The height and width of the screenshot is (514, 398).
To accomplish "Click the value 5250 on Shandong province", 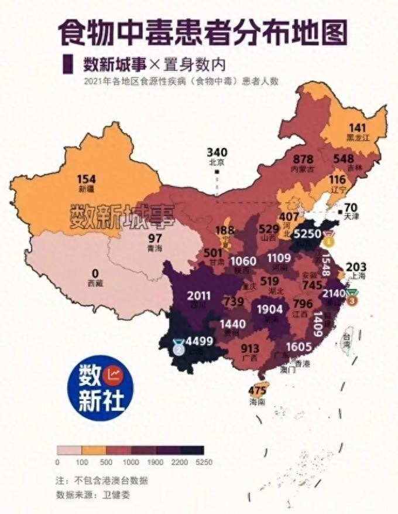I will pos(308,233).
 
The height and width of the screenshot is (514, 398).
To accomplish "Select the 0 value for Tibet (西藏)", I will pos(95,273).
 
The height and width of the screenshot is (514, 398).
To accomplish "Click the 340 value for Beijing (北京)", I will pos(217,151).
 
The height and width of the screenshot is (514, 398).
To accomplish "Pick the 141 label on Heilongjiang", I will pos(357,128).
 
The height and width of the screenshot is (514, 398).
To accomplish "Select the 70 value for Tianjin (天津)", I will pos(351,207).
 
